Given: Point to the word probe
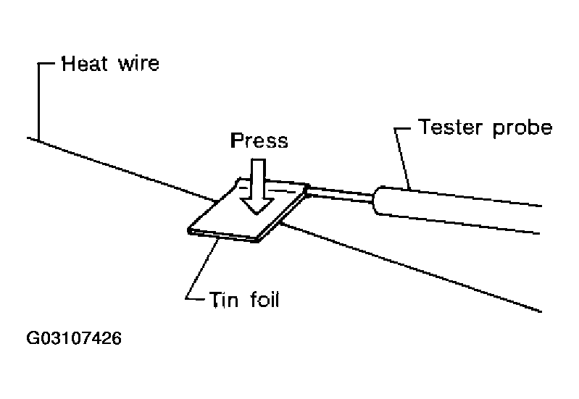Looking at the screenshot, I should click(522, 130).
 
